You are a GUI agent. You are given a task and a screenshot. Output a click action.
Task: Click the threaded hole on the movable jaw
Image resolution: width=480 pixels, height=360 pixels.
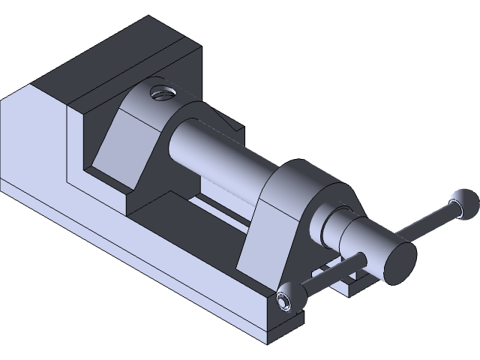(x=161, y=94)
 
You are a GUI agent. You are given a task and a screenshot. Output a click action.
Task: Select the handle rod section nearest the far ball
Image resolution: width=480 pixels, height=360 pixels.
(x=427, y=220)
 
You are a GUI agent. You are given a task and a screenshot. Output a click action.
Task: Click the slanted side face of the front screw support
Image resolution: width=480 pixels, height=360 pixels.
(x=259, y=232)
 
